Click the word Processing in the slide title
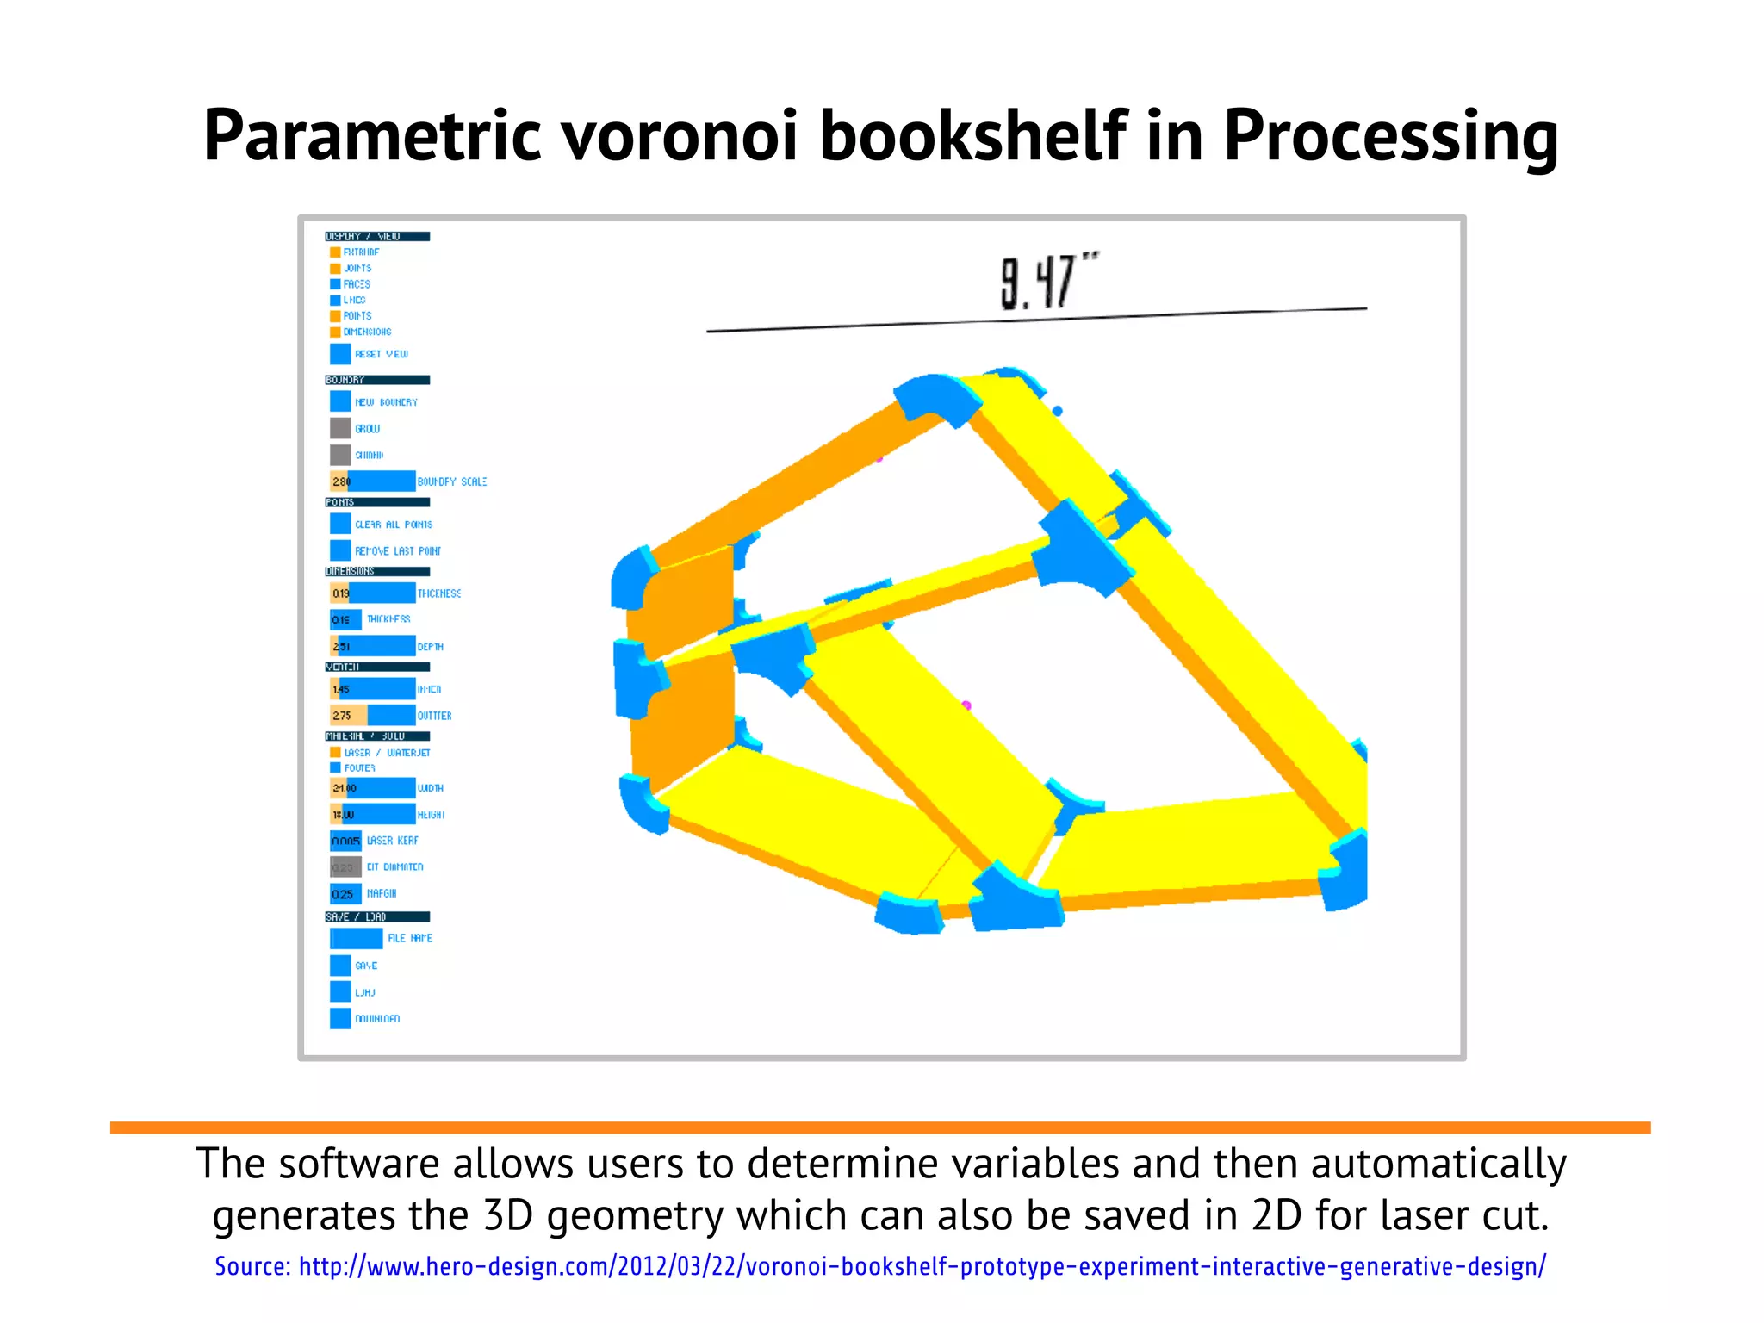coord(1390,136)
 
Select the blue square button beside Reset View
coord(340,354)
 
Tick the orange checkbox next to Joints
coord(335,269)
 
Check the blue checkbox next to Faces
coord(335,284)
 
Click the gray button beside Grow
coord(340,428)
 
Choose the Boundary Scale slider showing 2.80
coord(372,481)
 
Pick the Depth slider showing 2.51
coord(372,646)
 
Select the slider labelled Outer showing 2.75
coord(372,715)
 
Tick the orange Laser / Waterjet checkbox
coord(335,753)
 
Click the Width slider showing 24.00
coord(372,788)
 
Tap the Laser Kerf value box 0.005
coord(345,841)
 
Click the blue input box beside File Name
coord(357,938)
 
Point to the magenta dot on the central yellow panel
coord(966,705)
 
